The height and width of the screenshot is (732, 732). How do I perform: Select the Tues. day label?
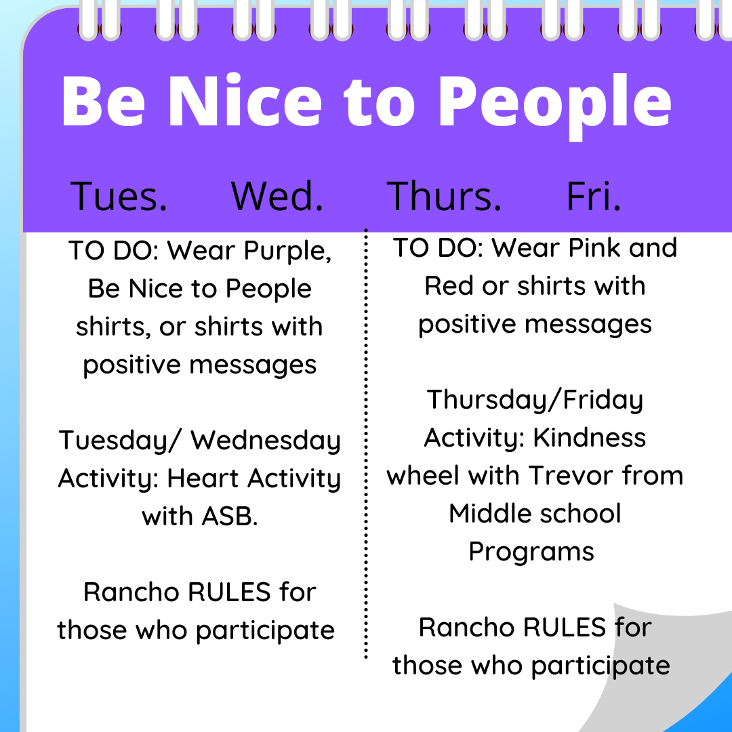119,196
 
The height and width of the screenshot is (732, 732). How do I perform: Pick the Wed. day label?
277,196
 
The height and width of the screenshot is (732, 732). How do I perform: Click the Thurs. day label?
444,196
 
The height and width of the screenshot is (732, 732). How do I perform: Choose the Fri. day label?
594,196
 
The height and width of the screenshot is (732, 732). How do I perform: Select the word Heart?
203,479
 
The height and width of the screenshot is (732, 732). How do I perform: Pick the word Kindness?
590,438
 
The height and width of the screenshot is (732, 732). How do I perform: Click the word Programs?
531,551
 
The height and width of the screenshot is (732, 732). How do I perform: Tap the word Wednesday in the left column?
266,441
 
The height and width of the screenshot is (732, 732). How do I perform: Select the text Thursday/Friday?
535,400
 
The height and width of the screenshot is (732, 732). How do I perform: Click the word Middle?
489,513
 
